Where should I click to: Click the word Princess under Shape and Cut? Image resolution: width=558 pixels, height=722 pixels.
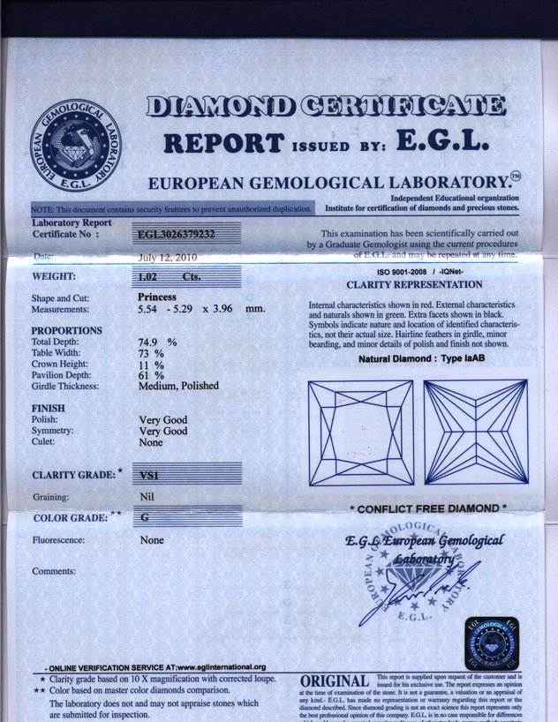(160, 297)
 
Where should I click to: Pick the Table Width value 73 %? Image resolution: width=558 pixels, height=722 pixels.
(152, 353)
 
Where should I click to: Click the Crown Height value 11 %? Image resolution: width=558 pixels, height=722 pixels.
(152, 364)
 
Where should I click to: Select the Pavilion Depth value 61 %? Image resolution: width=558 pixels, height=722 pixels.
(152, 375)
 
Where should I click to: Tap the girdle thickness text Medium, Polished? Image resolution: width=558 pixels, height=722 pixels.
(178, 386)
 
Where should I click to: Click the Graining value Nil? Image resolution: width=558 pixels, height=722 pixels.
(147, 497)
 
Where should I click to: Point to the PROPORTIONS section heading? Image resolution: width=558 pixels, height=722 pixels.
(66, 330)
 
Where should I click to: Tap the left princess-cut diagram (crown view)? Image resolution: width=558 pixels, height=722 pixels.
(360, 432)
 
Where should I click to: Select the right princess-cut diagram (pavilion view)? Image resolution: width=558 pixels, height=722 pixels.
(475, 432)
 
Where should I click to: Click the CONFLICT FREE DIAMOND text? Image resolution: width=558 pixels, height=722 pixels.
(427, 509)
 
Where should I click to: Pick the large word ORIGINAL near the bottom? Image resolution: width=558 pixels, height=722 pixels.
(335, 682)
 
